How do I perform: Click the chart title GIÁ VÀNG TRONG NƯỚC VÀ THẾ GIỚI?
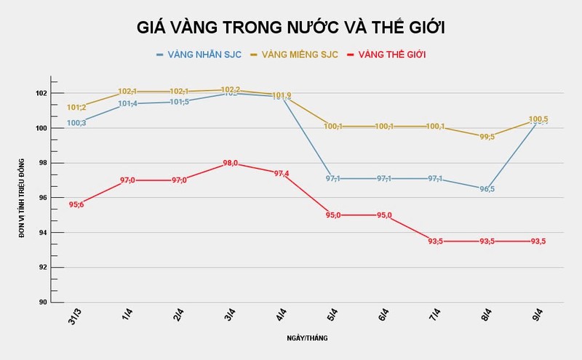[x=291, y=28]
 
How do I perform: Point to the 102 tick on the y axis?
[x=39, y=93]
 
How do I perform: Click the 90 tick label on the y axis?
[x=41, y=302]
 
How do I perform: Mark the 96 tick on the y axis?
[x=41, y=198]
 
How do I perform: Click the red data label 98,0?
[x=231, y=164]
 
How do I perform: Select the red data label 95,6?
[x=76, y=205]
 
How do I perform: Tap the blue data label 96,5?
[x=487, y=189]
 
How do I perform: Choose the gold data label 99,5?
[x=487, y=137]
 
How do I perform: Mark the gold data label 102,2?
[x=231, y=89]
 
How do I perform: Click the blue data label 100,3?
[x=76, y=123]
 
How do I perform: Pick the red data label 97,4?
[x=282, y=174]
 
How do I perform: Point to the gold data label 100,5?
[x=538, y=119]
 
